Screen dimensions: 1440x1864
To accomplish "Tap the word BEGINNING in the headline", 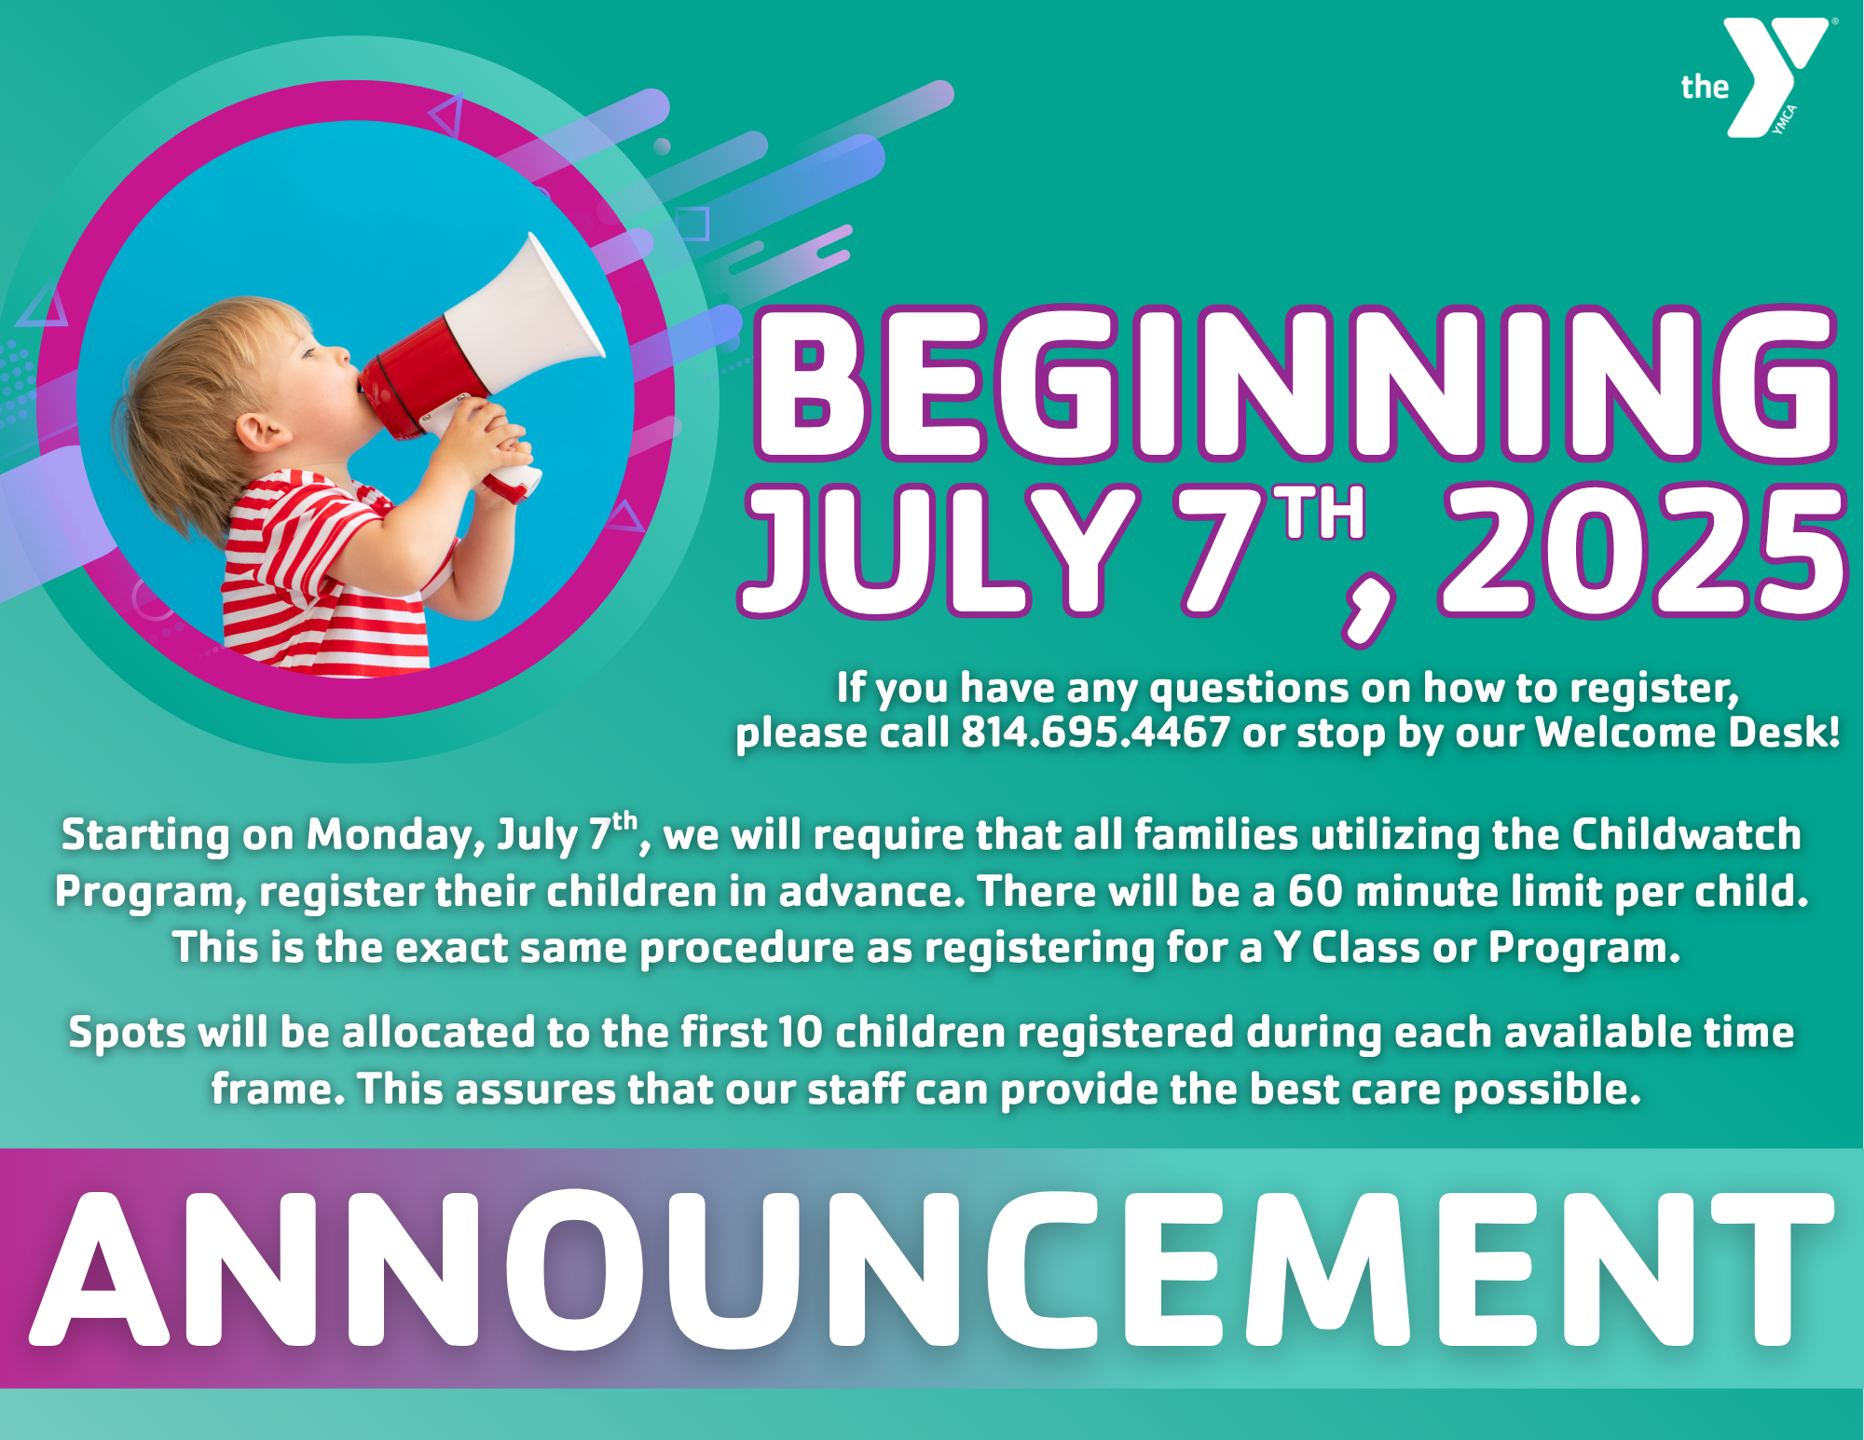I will coord(1295,384).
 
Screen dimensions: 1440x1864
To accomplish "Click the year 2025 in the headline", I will coord(1640,552).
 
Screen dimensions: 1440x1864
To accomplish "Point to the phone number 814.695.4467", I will coord(1095,733).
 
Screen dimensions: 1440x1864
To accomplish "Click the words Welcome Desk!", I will coord(1687,733).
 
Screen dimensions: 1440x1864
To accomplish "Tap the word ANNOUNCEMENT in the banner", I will coord(932,1269).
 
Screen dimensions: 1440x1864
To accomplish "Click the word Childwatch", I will coord(1686,834).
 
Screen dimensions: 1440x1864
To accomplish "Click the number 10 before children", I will coord(800,1033).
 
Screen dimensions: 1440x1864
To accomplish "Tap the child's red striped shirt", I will coord(308,578).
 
